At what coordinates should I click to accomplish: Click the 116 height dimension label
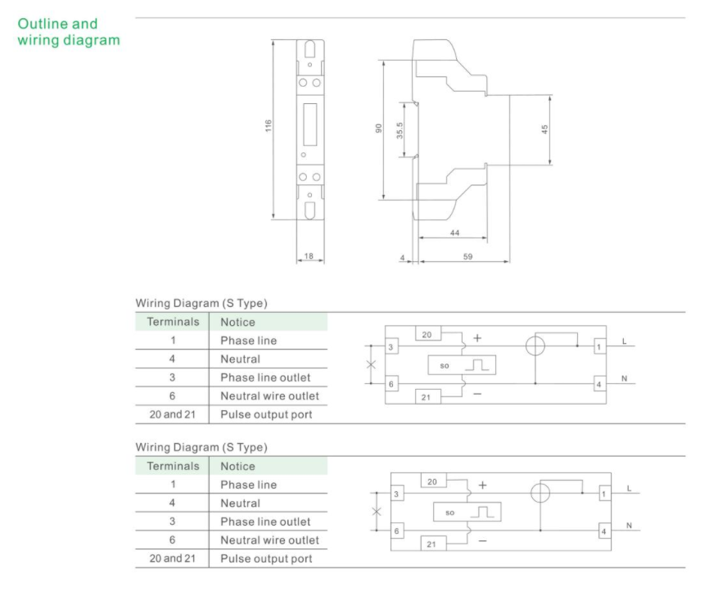[268, 126]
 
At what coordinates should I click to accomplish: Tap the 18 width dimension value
[309, 255]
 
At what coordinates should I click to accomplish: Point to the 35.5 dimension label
[400, 130]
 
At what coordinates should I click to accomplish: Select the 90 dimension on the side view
[379, 128]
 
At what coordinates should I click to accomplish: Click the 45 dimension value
[544, 129]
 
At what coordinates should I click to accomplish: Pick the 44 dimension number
[455, 233]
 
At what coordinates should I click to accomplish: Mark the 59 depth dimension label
[467, 256]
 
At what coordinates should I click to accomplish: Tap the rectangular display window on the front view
[309, 124]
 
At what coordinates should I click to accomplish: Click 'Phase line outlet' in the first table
[265, 377]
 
